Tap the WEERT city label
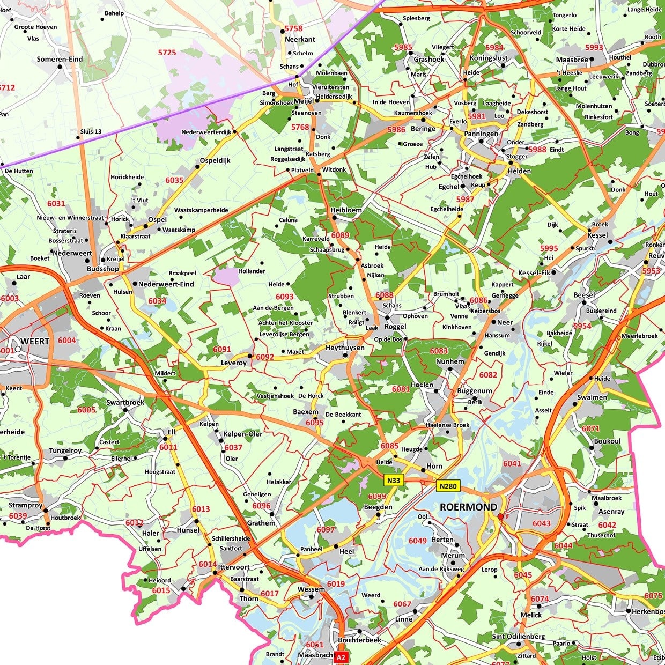35,341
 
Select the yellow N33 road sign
394,480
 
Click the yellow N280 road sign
447,486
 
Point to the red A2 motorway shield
341,657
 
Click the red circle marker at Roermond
500,516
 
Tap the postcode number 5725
167,52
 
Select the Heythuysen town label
345,348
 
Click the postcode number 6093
285,297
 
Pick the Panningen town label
481,134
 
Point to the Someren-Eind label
60,59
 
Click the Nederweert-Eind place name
166,284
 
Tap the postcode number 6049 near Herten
418,541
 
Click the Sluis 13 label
91,131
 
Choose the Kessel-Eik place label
534,272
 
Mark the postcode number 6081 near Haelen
401,389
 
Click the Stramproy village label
25,505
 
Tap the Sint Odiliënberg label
519,637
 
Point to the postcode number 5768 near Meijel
300,127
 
